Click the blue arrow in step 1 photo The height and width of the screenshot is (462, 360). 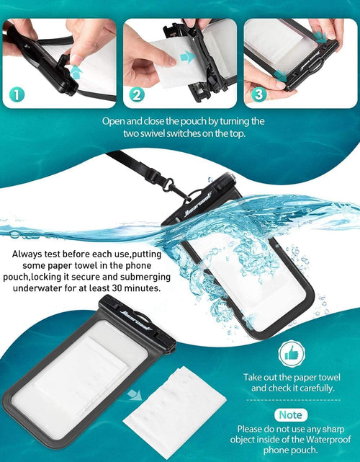point(74,70)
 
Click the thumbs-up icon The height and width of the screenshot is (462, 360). point(292,354)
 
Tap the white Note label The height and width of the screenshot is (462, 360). point(292,414)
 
